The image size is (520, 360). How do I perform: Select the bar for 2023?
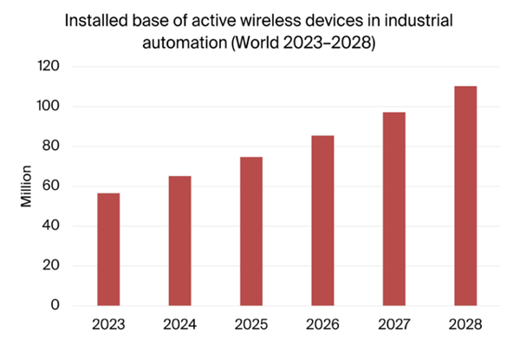pos(108,249)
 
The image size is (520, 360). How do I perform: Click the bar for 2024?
pos(179,241)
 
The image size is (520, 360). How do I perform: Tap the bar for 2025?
pos(251,231)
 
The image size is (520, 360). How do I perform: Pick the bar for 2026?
pos(322,220)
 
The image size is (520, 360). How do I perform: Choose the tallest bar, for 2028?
pos(465,196)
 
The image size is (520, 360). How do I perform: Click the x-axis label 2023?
pos(108,325)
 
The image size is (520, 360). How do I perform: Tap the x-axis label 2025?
pos(251,325)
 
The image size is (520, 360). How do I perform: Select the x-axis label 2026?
pos(322,325)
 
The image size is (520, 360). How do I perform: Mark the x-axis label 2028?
pos(465,325)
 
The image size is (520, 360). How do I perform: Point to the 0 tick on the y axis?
pos(55,305)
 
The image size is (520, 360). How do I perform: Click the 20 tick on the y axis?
pos(52,265)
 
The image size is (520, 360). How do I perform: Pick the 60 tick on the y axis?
pos(52,186)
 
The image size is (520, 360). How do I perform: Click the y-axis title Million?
pos(27,185)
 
